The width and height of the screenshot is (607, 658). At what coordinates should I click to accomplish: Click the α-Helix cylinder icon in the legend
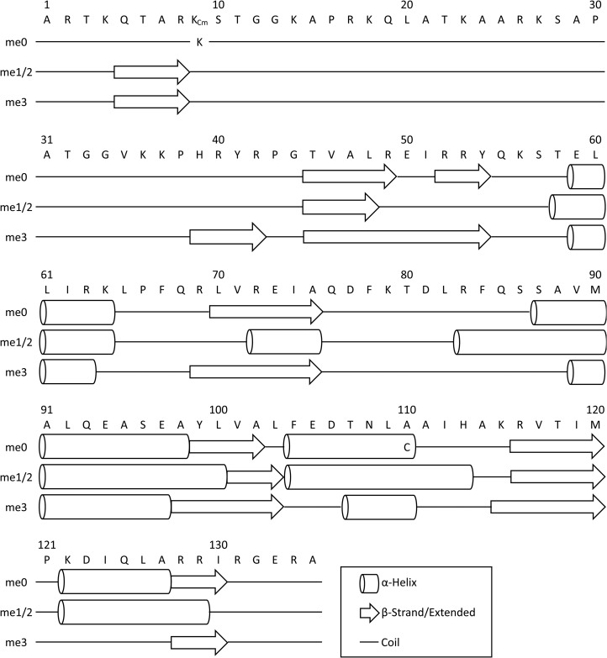coord(369,583)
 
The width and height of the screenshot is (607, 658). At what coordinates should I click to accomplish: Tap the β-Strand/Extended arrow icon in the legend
coord(369,613)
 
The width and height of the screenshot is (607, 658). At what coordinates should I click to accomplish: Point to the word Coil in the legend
coord(390,643)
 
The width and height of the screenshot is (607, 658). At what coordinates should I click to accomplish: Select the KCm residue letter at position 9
coord(199,20)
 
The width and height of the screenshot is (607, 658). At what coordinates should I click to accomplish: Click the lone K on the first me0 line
coord(199,42)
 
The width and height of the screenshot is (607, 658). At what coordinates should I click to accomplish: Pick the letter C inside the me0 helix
coord(406,447)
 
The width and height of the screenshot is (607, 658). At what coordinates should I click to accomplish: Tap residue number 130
coord(219,545)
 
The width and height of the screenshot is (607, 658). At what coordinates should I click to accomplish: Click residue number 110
coord(407,409)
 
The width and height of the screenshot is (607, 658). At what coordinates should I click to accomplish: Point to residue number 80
coord(406,275)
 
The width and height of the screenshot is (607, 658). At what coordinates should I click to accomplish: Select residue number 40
coord(219,139)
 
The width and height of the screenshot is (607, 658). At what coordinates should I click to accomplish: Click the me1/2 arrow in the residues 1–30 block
coord(152,71)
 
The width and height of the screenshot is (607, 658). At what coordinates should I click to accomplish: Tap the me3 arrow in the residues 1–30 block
coord(152,102)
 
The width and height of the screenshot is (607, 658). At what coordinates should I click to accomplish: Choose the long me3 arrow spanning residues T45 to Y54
coord(397,237)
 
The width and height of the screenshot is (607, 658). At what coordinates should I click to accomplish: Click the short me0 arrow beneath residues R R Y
coord(463,176)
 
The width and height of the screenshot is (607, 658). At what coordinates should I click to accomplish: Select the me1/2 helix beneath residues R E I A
coord(284,342)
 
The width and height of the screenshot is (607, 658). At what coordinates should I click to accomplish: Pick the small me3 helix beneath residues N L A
coord(380,508)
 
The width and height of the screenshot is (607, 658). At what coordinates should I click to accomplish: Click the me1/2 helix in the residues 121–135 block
coord(134,613)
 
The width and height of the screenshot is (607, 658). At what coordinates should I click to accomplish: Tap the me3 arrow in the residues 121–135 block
coord(199,642)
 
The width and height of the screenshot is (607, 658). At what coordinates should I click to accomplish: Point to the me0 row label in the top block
coord(16,42)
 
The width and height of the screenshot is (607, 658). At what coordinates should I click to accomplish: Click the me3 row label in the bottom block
coord(16,643)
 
